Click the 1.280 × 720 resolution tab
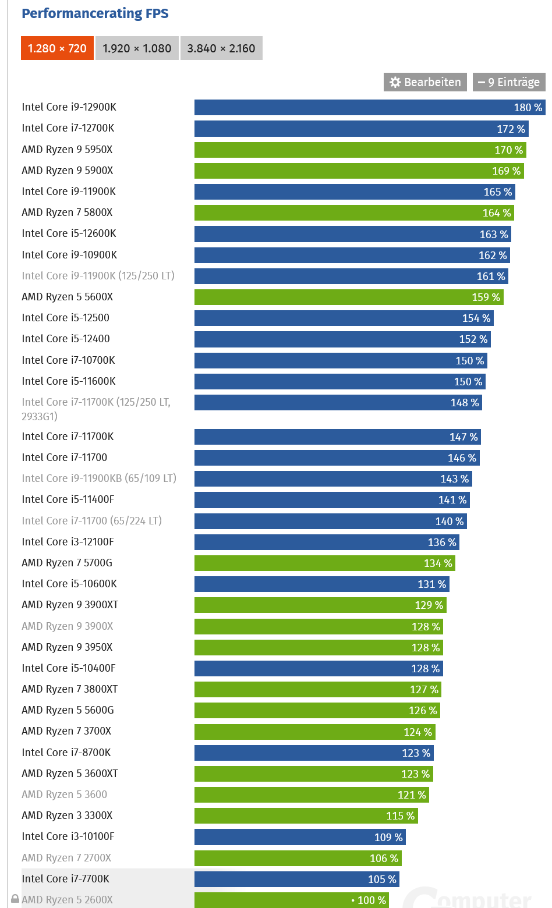click(x=57, y=48)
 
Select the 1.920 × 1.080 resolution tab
click(x=137, y=48)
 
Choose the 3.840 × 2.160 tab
click(x=221, y=48)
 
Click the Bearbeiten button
click(x=425, y=82)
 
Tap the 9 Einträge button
click(x=509, y=82)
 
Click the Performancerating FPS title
click(x=95, y=13)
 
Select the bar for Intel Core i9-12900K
click(x=349, y=107)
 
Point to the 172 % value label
click(x=511, y=129)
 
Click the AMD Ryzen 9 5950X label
click(x=67, y=150)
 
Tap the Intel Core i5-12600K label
click(x=69, y=233)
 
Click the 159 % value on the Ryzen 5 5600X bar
click(x=486, y=297)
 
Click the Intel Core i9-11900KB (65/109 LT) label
click(x=99, y=478)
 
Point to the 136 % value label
click(x=442, y=542)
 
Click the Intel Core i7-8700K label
click(x=66, y=753)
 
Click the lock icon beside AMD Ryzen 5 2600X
click(x=15, y=899)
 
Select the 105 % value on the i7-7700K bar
click(x=382, y=879)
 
